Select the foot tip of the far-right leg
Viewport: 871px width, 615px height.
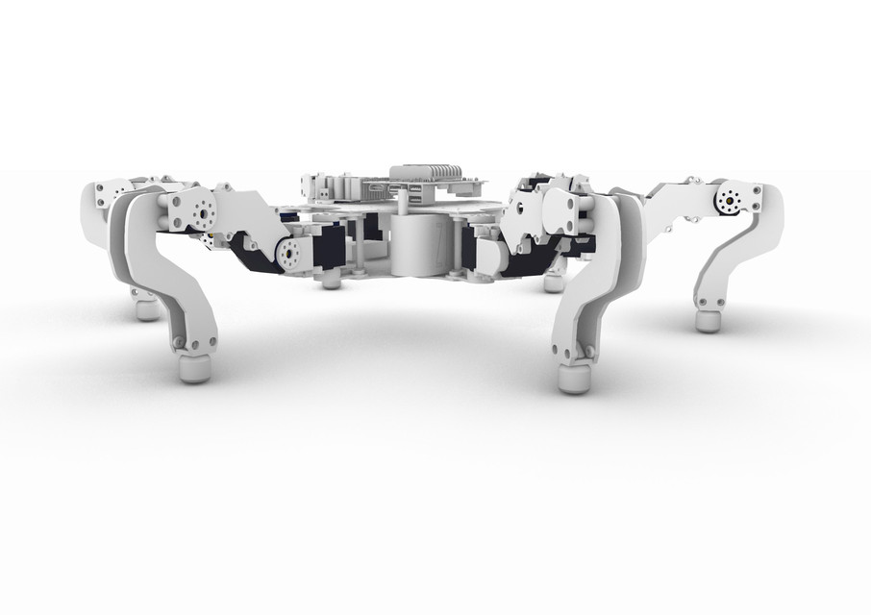click(x=709, y=319)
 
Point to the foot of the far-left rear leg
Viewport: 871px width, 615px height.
click(x=146, y=309)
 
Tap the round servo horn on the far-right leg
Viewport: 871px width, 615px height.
click(x=729, y=201)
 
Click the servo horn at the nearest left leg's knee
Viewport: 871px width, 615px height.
click(x=202, y=210)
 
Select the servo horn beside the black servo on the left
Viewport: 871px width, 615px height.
click(x=290, y=254)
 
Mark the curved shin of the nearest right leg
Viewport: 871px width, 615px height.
click(x=596, y=288)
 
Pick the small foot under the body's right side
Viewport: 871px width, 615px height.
click(x=554, y=283)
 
